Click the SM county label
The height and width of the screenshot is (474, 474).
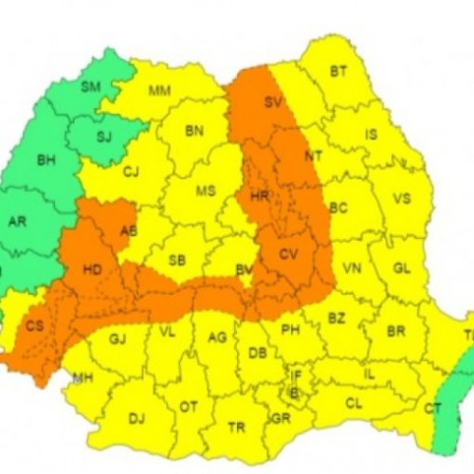91,86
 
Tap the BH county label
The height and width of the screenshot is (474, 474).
46,160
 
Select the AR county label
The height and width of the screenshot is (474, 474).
17,222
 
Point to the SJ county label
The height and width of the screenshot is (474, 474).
104,137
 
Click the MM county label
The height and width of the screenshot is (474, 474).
160,91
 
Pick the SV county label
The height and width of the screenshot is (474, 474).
274,102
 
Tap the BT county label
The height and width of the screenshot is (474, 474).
338,71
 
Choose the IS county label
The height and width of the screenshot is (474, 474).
371,135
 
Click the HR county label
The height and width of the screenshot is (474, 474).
260,196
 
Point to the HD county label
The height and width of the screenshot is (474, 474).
92,270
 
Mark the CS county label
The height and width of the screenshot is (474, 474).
35,326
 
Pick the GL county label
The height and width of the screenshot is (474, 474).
402,268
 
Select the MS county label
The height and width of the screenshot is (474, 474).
206,191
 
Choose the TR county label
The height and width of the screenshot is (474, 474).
237,428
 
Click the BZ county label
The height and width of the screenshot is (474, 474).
337,319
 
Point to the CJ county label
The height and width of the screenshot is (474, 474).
131,172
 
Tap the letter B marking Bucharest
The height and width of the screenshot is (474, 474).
294,392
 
